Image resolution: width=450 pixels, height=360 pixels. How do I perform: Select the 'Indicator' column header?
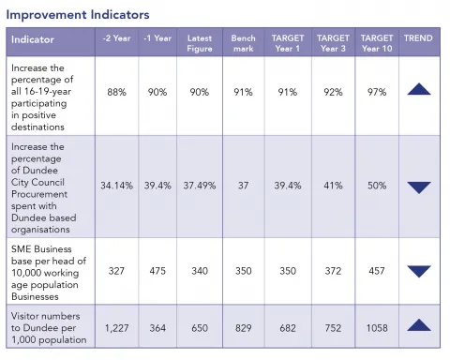[34, 40]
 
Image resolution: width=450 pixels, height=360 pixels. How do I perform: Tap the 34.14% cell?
[117, 186]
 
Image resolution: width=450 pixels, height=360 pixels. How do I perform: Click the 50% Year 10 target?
[376, 186]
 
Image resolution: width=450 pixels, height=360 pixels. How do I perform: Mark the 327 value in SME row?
[117, 271]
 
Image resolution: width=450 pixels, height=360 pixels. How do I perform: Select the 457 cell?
[376, 271]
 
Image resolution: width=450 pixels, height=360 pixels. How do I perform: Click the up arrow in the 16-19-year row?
[419, 90]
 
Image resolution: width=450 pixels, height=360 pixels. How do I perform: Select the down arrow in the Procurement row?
[419, 187]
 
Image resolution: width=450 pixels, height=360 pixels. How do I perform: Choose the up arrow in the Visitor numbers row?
[419, 324]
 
